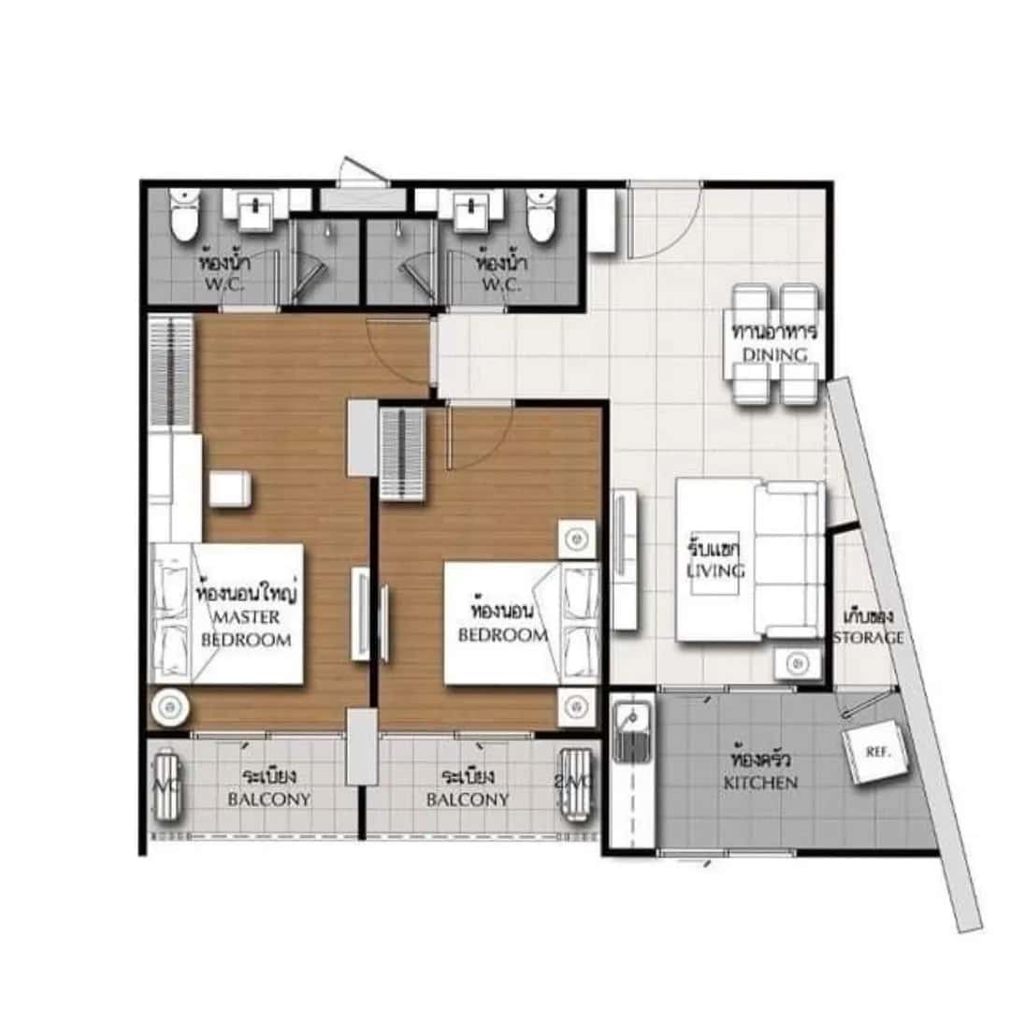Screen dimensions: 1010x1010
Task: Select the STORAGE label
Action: point(869,638)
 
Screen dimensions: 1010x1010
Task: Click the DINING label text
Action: point(775,354)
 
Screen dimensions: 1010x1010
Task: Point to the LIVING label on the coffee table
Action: point(716,570)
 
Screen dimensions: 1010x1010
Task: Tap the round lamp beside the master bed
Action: point(169,704)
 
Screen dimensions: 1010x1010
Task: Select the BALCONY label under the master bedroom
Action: point(269,800)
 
